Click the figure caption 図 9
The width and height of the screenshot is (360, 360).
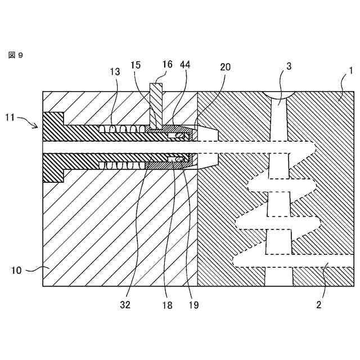click(15, 55)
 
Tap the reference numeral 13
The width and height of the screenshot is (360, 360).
click(115, 71)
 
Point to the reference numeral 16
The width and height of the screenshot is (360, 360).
click(168, 65)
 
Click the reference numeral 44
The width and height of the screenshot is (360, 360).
click(184, 65)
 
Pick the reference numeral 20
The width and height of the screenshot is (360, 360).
click(225, 67)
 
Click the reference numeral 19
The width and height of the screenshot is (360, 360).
click(193, 305)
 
